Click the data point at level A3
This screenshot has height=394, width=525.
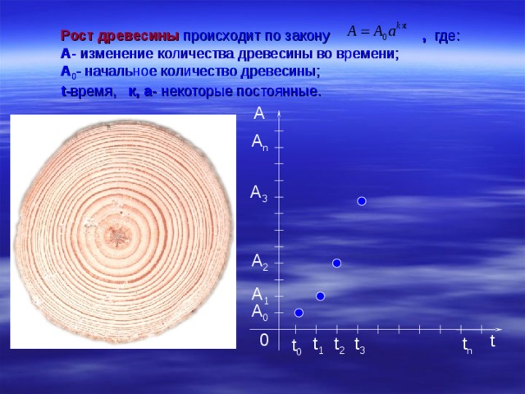tap(361, 201)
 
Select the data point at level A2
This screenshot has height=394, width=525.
tap(336, 263)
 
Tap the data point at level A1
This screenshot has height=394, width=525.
tap(320, 296)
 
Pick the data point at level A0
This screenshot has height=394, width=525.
tap(299, 313)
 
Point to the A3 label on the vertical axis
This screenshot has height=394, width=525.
tap(258, 195)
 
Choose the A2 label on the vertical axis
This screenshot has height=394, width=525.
tap(259, 263)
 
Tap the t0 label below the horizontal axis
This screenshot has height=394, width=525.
tap(296, 348)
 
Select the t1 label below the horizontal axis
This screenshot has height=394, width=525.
tap(317, 347)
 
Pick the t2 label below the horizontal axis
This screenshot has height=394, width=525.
tap(339, 347)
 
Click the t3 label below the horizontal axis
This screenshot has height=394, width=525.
tap(359, 346)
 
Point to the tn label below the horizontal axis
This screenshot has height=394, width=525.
tap(466, 347)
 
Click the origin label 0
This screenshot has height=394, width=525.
tap(263, 339)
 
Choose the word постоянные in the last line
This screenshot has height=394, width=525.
tap(275, 92)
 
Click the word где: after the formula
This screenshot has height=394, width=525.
tap(447, 36)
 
